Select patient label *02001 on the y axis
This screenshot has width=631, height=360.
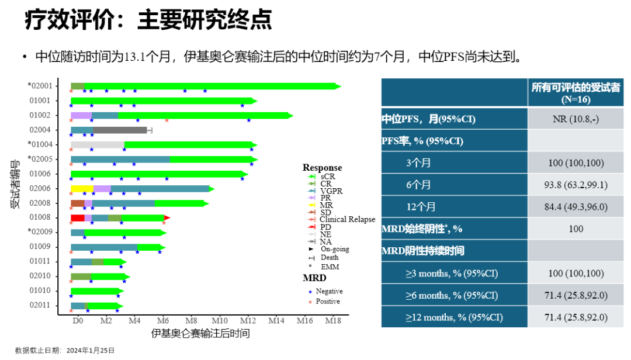click(40, 86)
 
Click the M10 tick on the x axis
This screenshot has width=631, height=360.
click(219, 321)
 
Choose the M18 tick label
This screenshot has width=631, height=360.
click(333, 321)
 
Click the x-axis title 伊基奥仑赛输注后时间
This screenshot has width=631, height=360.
click(200, 334)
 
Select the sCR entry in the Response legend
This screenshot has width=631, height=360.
click(328, 176)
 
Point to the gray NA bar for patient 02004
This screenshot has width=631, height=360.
click(120, 130)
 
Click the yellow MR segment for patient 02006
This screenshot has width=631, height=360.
click(82, 189)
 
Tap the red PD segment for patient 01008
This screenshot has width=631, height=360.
click(77, 218)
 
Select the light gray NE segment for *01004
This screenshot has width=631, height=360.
click(97, 145)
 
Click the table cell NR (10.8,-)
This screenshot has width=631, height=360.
click(575, 119)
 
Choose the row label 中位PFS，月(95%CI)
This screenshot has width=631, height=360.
click(428, 119)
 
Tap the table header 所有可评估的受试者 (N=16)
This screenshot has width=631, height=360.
click(575, 92)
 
